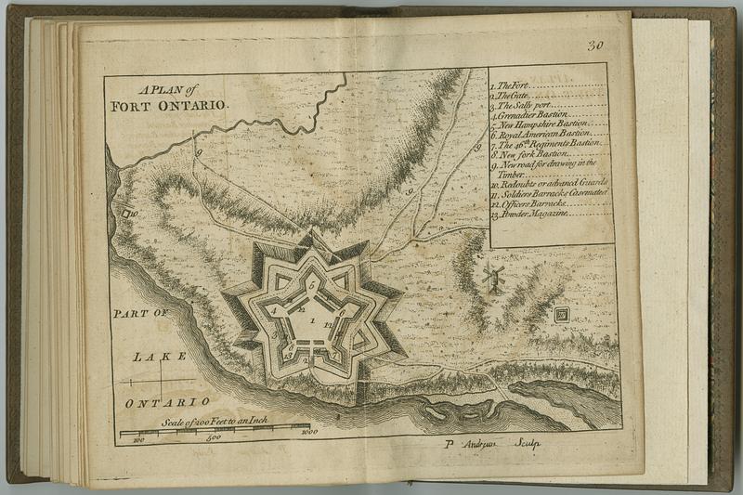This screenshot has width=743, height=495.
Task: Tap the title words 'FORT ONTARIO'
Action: click(x=168, y=106)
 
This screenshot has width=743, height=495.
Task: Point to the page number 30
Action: click(x=595, y=46)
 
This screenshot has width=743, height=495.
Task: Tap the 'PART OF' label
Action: click(x=137, y=315)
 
